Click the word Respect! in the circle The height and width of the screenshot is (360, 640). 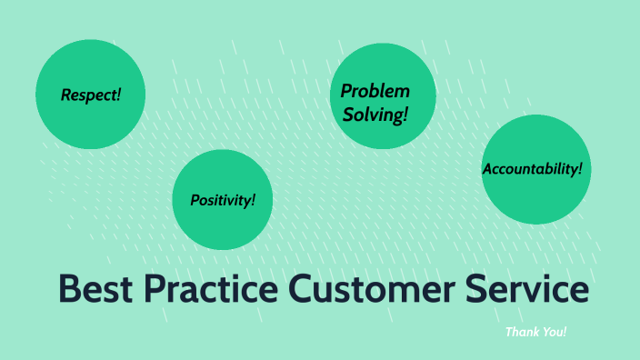pyautogui.click(x=90, y=95)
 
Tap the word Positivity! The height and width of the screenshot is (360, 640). pyautogui.click(x=223, y=200)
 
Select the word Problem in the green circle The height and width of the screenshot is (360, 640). pyautogui.click(x=375, y=92)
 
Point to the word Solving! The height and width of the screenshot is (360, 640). pyautogui.click(x=375, y=115)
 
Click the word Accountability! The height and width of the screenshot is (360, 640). pyautogui.click(x=532, y=169)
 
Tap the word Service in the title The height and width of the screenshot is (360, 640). pyautogui.click(x=529, y=289)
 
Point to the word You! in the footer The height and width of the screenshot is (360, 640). pyautogui.click(x=554, y=333)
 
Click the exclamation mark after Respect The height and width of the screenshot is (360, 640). pyautogui.click(x=118, y=95)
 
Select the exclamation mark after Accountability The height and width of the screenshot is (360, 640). pyautogui.click(x=579, y=168)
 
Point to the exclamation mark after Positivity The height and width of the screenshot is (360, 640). pyautogui.click(x=254, y=199)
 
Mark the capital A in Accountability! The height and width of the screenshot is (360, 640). pyautogui.click(x=487, y=169)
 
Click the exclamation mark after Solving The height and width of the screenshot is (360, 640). pyautogui.click(x=405, y=115)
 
